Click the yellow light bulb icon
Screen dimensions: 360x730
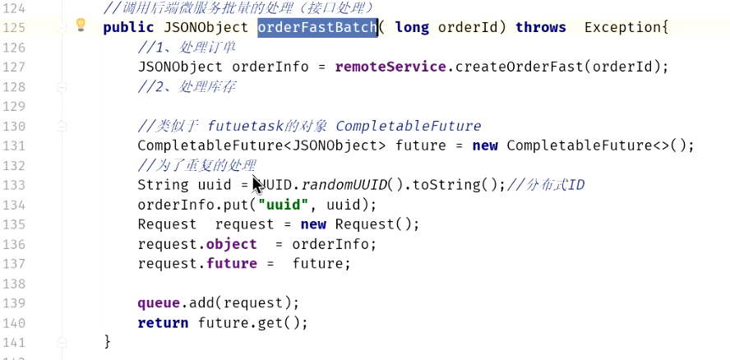coord(81,25)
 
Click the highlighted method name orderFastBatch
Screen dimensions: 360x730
coord(316,27)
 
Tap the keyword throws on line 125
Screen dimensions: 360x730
coord(540,27)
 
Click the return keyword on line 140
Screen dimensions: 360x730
coord(162,323)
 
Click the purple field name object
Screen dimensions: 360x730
coord(231,244)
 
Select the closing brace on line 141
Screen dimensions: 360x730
coord(107,341)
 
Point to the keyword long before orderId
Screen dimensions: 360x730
coord(412,27)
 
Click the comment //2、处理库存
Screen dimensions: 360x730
coord(187,86)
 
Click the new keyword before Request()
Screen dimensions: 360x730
coord(314,224)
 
